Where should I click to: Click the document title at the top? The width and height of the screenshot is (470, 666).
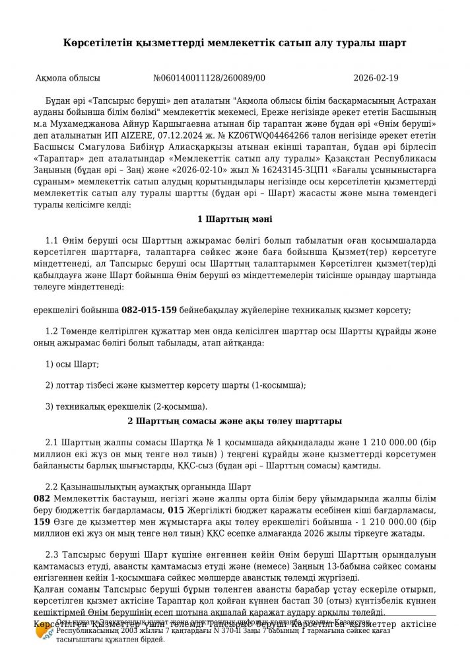click(235, 42)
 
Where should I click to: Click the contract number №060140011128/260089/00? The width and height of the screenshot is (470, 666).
click(209, 78)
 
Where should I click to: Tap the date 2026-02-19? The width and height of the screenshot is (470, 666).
click(376, 78)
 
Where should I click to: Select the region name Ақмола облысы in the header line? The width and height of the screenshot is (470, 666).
click(68, 78)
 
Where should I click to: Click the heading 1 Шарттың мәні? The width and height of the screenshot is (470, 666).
click(234, 219)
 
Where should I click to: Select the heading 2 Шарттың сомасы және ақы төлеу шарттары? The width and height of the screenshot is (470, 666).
click(234, 420)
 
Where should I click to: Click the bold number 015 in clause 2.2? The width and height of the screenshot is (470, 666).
click(176, 511)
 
